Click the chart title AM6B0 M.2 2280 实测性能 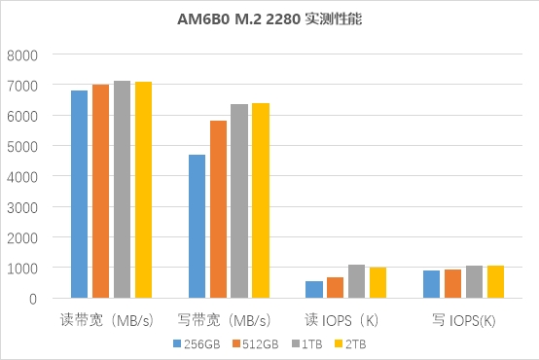[x=269, y=18]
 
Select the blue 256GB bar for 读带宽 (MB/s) [x=80, y=195]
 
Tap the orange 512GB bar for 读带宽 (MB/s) [x=101, y=191]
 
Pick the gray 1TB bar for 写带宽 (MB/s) [x=239, y=201]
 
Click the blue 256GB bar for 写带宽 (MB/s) [x=197, y=227]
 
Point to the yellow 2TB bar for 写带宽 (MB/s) [x=261, y=200]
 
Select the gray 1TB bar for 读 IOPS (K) [x=356, y=281]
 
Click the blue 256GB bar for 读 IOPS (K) [x=314, y=290]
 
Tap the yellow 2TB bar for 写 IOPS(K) [x=495, y=281]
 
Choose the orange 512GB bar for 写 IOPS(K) [x=453, y=284]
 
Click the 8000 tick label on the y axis [x=22, y=55]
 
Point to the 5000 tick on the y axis [x=22, y=147]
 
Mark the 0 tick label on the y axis [x=33, y=299]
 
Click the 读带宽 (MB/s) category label [x=107, y=320]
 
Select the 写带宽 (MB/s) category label [x=225, y=320]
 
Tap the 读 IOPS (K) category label [x=341, y=320]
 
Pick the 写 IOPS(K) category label [x=464, y=320]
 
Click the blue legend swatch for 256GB [x=177, y=343]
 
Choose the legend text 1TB [x=312, y=344]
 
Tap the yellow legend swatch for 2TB [x=339, y=343]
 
